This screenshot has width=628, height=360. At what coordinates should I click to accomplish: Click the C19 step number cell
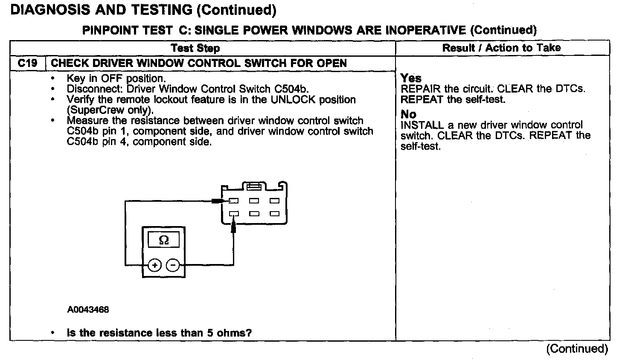click(x=27, y=63)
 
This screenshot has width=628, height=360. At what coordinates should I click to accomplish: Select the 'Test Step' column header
click(x=195, y=48)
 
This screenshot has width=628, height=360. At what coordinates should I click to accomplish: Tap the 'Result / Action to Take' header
click(x=502, y=48)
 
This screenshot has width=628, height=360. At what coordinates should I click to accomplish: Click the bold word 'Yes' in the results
click(x=411, y=78)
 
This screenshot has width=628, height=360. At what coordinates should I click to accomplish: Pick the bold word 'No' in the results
click(x=408, y=114)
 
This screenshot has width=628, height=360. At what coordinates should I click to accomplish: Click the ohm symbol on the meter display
click(x=163, y=240)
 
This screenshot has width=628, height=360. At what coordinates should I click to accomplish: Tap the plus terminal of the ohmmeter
click(x=154, y=265)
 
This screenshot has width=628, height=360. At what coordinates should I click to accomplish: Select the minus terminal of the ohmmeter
click(x=173, y=265)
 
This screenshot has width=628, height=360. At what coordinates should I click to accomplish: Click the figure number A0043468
click(x=88, y=309)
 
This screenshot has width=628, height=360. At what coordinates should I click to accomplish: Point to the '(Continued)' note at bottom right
click(x=577, y=348)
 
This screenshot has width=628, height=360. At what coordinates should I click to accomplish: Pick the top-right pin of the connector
click(x=274, y=201)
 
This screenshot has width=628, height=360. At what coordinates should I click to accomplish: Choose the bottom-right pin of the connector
click(x=274, y=214)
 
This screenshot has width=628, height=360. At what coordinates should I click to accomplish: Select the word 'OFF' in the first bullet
click(x=112, y=78)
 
